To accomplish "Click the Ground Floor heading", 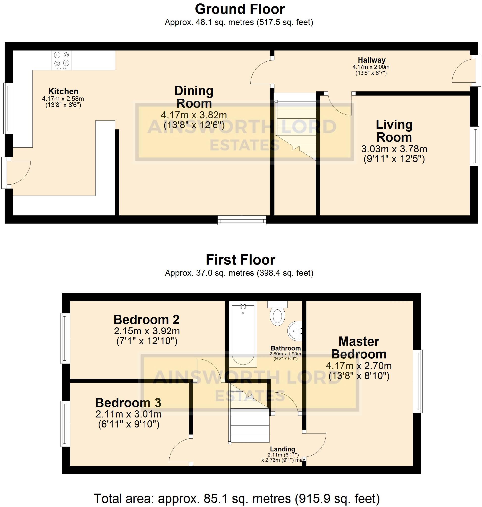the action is pyautogui.click(x=240, y=9).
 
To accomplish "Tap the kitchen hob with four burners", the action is pyautogui.click(x=62, y=60).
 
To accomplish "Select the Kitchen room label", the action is pyautogui.click(x=63, y=91).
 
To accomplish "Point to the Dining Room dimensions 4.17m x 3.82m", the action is pyautogui.click(x=194, y=115).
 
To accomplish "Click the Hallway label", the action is pyautogui.click(x=371, y=60).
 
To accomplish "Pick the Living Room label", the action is pyautogui.click(x=394, y=131).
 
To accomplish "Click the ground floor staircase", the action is pyautogui.click(x=295, y=127).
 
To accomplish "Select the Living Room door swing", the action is pyautogui.click(x=339, y=104).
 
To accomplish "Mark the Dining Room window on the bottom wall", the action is pyautogui.click(x=242, y=220).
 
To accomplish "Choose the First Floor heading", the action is pyautogui.click(x=241, y=260).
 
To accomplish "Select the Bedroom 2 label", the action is pyautogui.click(x=146, y=320).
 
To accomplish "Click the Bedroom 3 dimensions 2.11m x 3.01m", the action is pyautogui.click(x=128, y=414).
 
